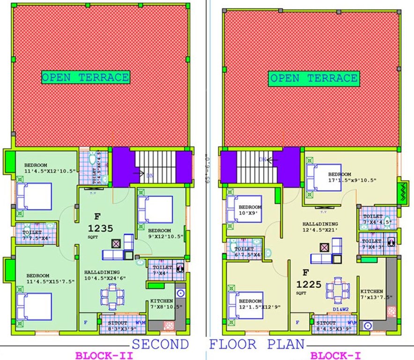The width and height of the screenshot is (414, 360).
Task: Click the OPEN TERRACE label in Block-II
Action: [x=85, y=77]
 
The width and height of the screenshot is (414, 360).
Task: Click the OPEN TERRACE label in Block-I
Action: [x=314, y=78]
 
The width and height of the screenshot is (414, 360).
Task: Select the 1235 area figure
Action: [x=101, y=229]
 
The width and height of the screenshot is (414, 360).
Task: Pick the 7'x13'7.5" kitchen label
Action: [x=378, y=297]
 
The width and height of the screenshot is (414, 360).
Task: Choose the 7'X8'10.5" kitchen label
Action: [x=162, y=307]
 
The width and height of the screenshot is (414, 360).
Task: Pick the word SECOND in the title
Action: [x=160, y=345]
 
